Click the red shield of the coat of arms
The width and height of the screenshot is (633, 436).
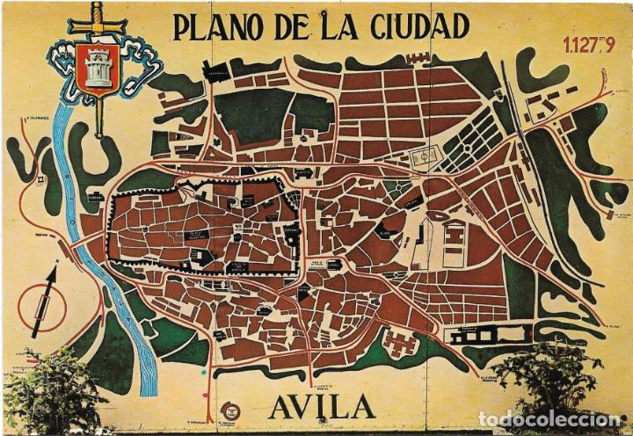click(94, 67)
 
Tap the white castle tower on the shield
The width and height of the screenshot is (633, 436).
click(94, 63)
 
